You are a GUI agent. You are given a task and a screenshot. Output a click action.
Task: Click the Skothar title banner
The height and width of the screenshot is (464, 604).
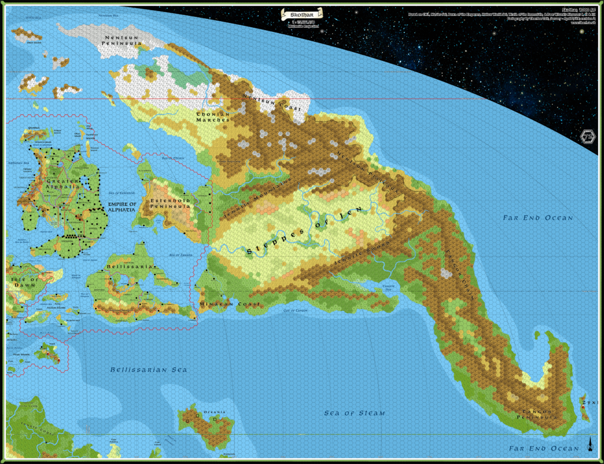click(x=302, y=12)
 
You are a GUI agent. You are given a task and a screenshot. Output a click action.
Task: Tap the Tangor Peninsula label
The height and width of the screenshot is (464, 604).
click(x=537, y=414)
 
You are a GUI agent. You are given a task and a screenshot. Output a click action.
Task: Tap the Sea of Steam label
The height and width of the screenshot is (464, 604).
click(x=354, y=413)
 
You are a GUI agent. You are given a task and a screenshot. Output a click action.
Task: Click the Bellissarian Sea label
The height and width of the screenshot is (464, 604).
click(x=149, y=370)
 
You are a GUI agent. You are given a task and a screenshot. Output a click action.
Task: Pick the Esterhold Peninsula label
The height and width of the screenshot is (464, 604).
click(x=170, y=204)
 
